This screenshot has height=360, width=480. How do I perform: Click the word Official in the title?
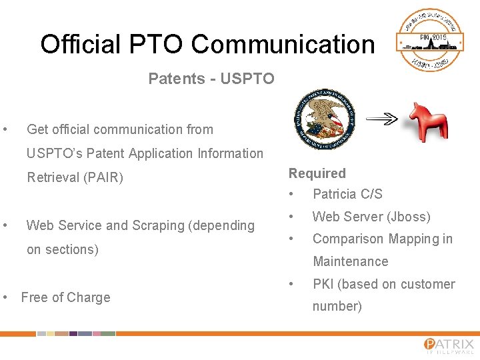[80, 45]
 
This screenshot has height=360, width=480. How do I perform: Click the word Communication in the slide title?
[283, 45]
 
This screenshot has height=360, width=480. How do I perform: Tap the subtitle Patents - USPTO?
[211, 79]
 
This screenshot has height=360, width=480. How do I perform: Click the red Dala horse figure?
[427, 121]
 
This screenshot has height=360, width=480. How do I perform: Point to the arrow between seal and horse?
[382, 119]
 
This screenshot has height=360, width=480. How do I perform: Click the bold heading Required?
[317, 173]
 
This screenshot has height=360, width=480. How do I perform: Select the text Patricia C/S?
[347, 194]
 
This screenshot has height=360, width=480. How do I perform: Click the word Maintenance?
[350, 261]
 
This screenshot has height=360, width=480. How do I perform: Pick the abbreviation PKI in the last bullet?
[323, 284]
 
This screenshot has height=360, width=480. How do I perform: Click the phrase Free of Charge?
[65, 297]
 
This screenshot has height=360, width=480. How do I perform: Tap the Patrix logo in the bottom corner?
[448, 345]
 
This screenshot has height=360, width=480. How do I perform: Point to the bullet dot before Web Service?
[5, 225]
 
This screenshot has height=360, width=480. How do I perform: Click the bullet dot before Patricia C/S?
[291, 194]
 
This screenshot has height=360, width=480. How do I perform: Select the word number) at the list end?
[337, 306]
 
